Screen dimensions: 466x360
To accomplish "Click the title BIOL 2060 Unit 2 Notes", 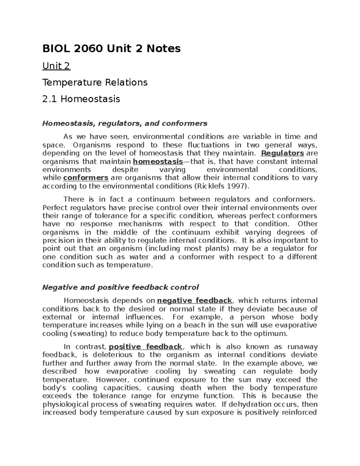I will point(111,48).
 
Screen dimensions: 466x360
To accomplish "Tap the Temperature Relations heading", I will point(95,82).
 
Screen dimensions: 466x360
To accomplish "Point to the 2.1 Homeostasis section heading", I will point(81,99).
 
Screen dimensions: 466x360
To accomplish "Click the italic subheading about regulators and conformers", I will point(124,123).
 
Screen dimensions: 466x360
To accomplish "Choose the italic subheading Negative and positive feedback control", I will point(120,287).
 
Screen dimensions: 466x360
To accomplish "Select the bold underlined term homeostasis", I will point(157,162).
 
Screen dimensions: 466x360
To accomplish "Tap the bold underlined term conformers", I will point(86,178).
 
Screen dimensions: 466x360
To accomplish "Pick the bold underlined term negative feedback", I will point(194,301).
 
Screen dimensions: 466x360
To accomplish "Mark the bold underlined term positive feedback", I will point(145,347).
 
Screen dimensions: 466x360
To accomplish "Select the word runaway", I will point(302,347).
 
